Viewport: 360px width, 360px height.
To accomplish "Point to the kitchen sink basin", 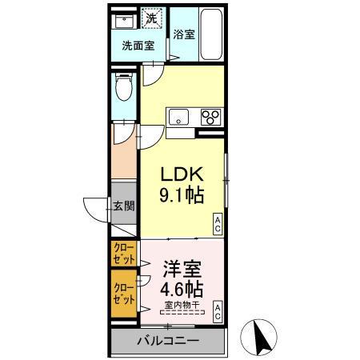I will [x=178, y=117].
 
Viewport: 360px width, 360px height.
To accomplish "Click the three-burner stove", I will [x=210, y=117].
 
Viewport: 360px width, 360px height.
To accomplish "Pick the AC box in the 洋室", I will [x=217, y=311].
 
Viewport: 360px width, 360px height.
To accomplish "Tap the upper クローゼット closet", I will [x=123, y=254].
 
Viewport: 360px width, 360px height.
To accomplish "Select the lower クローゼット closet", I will [x=123, y=291].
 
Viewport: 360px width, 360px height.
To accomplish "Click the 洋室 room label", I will [x=182, y=268].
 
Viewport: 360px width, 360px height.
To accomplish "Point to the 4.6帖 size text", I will [x=182, y=287].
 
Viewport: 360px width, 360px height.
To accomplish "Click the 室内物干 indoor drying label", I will [x=182, y=305].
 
